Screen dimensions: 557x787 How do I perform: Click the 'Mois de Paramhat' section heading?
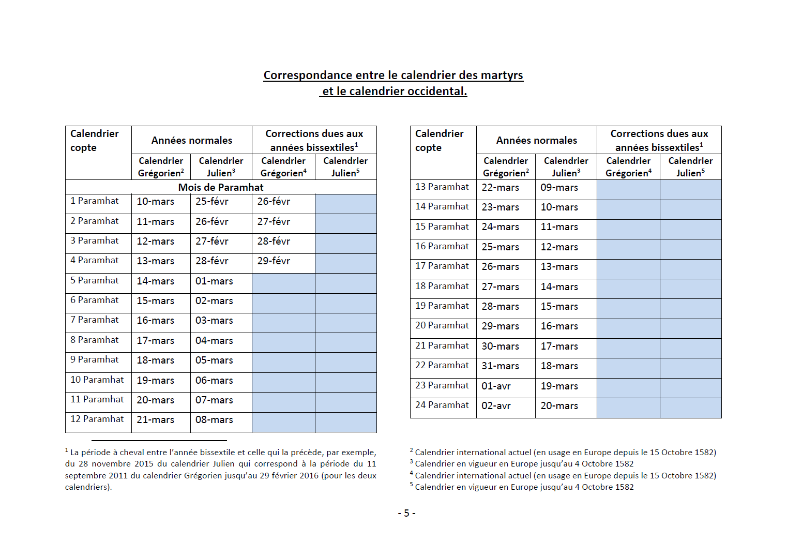pos(221,187)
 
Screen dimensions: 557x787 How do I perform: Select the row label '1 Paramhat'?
pos(95,201)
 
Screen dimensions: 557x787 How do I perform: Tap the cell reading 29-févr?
pos(274,261)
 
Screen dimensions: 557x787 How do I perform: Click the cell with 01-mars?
pos(214,281)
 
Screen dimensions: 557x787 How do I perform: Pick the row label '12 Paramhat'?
pos(97,419)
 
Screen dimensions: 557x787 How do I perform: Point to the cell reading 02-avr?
pos(496,406)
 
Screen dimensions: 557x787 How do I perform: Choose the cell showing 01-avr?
pos(496,386)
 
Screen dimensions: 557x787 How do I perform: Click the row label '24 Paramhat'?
pos(442,405)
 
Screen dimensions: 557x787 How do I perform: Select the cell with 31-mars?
pos(500,366)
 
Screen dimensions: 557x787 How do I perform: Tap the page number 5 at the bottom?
pos(406,513)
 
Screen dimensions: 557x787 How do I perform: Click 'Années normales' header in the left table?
pos(191,140)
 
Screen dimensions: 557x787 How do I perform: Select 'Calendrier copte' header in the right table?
pos(439,141)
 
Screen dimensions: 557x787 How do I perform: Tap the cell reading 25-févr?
pos(212,202)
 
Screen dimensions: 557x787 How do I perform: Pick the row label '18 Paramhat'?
pos(442,286)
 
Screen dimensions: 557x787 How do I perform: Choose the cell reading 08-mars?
pos(214,420)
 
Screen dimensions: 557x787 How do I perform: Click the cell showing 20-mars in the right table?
pos(559,406)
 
